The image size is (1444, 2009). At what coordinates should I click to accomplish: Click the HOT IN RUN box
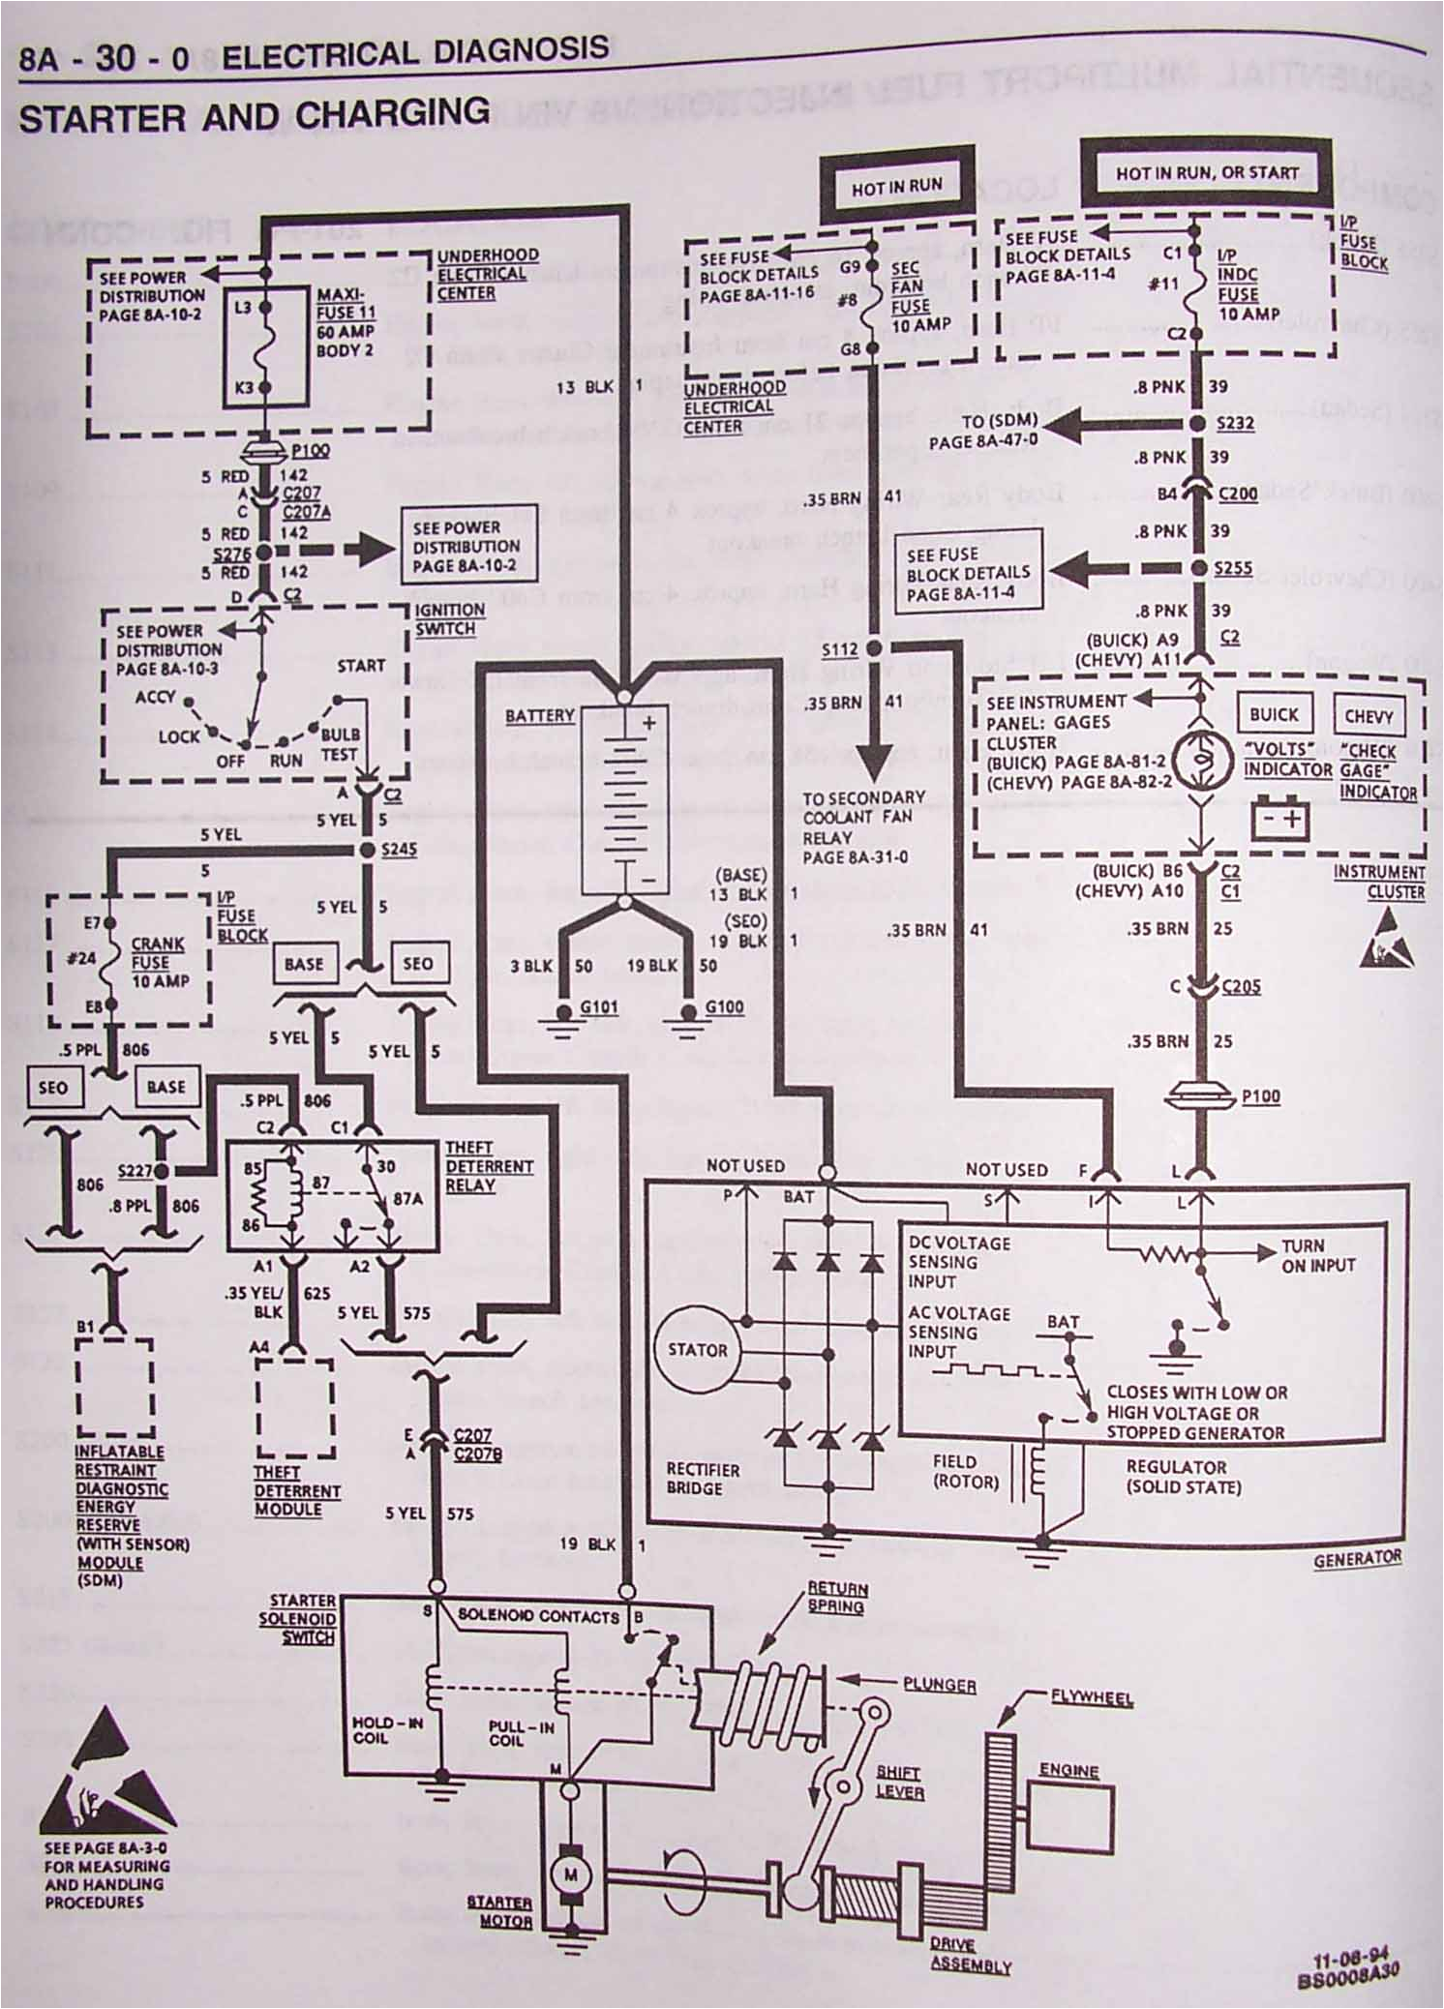[x=895, y=186]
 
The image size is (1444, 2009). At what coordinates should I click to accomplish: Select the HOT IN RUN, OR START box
[x=1206, y=173]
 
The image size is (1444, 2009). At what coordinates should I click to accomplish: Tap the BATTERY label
[x=539, y=715]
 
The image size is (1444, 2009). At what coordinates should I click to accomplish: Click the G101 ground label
[x=598, y=1007]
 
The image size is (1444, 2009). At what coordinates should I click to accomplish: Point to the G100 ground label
[x=723, y=1007]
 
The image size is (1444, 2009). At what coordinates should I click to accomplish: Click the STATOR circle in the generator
[x=696, y=1350]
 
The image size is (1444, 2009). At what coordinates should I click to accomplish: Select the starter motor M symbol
[x=570, y=1874]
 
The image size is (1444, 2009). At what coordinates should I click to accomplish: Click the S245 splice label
[x=399, y=850]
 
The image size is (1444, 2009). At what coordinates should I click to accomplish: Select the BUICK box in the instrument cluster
[x=1273, y=714]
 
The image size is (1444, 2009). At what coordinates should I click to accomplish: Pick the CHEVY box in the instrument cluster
[x=1368, y=717]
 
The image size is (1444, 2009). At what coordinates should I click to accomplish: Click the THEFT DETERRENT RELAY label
[x=489, y=1166]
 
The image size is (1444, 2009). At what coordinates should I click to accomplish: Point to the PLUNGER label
[x=939, y=1684]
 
